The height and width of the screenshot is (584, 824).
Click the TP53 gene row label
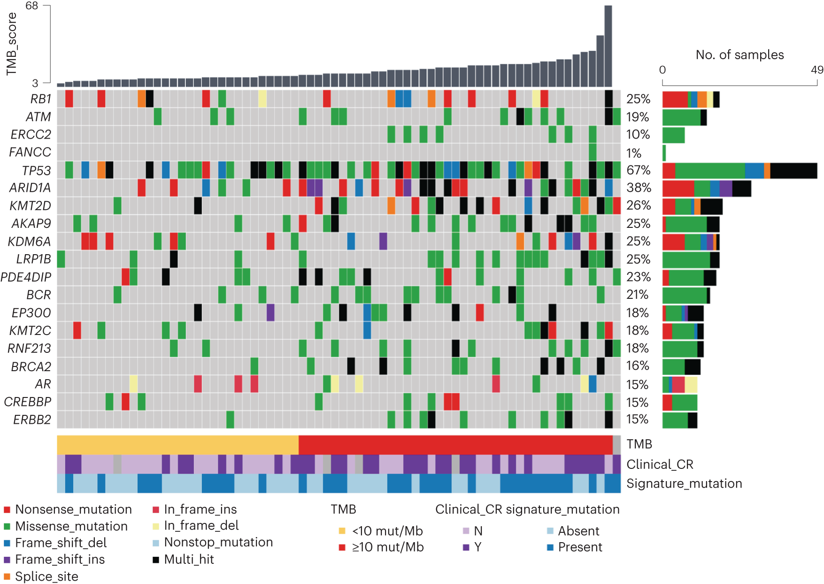pos(36,170)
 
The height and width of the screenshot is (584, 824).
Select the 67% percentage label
pos(638,170)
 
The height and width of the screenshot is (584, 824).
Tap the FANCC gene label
pos(30,152)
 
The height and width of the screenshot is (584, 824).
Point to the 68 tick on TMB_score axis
pos(32,6)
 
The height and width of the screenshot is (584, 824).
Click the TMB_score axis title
pos(11,44)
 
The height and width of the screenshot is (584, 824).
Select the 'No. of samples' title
pos(739,55)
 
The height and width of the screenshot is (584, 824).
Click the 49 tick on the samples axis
pos(817,70)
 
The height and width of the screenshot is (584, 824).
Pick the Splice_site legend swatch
pos(7,576)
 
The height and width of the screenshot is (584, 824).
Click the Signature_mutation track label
pos(684,483)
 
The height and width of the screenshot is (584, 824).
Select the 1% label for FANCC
pos(633,153)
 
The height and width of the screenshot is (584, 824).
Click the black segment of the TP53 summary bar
pos(793,171)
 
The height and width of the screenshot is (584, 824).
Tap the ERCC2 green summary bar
pos(673,135)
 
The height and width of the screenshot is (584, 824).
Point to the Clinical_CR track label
pos(660,464)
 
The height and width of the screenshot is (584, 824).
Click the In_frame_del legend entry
pos(201,525)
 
